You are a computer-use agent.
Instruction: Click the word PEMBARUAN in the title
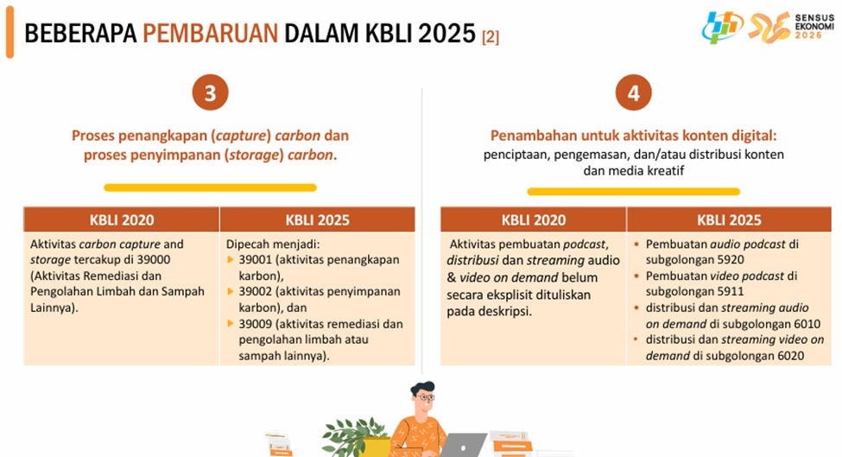210,34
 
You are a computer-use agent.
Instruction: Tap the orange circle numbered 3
211,92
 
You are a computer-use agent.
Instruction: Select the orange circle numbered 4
634,92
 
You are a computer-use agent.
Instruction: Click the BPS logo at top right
722,27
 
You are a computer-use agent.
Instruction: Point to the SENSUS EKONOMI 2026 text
814,26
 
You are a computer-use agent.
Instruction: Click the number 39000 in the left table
154,260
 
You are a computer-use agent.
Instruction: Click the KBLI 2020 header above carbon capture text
122,220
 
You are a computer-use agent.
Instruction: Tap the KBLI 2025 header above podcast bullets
729,220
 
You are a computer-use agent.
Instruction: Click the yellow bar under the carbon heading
211,187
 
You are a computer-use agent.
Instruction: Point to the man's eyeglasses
427,398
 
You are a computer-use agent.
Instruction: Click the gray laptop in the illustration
463,445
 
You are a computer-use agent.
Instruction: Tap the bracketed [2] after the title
491,37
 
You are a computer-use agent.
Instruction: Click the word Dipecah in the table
246,244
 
